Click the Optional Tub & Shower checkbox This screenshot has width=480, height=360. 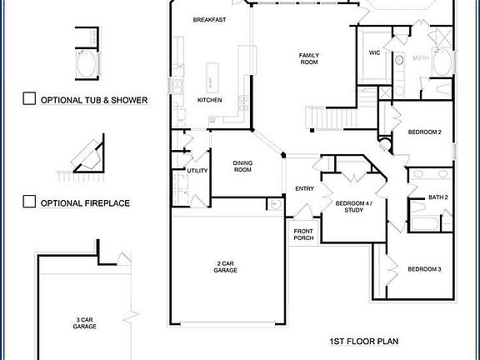(x=29, y=99)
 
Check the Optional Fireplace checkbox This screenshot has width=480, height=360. (x=29, y=202)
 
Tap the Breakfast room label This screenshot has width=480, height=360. (x=207, y=19)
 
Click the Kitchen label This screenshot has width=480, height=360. (x=209, y=100)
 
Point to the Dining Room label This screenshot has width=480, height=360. (x=242, y=166)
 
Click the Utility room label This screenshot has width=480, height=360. (x=197, y=170)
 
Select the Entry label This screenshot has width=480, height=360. (x=304, y=188)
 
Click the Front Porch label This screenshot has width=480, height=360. (x=303, y=235)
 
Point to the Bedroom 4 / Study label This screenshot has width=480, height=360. (x=354, y=207)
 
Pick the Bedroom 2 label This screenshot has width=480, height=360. (x=424, y=132)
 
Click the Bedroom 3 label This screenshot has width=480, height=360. (x=424, y=269)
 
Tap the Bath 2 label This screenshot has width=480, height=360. (x=438, y=197)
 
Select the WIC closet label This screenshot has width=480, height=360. (x=374, y=53)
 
